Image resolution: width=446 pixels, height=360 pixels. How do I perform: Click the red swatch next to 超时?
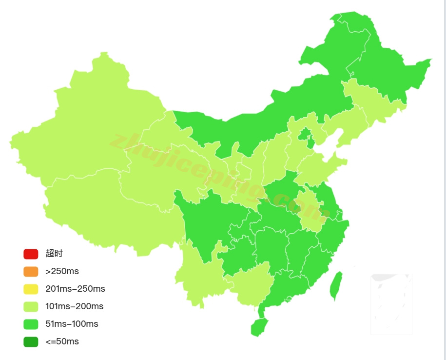coord(31,254)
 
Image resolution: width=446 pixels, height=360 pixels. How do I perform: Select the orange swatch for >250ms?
coord(31,271)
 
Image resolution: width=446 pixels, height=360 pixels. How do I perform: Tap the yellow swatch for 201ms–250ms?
coord(31,289)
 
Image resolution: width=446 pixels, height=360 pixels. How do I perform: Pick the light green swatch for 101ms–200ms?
coord(31,306)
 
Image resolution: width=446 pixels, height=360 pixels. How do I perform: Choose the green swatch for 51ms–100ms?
coord(31,324)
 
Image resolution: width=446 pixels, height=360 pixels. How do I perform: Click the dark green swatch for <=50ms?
coord(31,341)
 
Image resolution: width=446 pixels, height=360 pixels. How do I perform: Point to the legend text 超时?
coord(54,254)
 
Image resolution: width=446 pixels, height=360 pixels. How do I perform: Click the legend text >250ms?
coord(62,271)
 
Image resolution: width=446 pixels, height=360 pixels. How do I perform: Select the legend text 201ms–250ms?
coord(75,289)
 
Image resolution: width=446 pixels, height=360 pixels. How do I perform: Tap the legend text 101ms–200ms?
coord(74,306)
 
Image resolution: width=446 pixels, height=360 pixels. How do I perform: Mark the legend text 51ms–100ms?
coord(72,324)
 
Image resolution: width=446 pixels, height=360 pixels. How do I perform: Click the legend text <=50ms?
coord(62,341)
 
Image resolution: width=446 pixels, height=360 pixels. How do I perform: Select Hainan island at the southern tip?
coord(259,327)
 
